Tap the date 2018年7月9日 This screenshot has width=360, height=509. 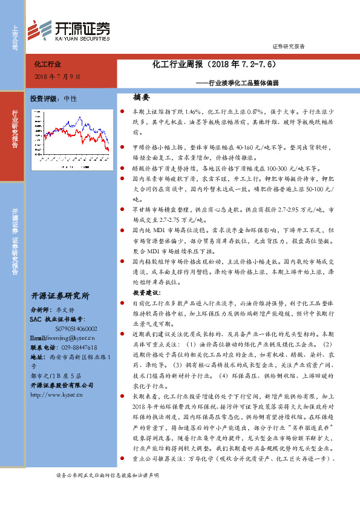[x=57, y=77]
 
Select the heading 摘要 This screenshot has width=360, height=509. [x=141, y=97]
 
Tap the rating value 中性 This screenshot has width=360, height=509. [x=71, y=98]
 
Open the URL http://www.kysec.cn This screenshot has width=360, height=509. [x=59, y=395]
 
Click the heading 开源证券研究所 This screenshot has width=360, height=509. [x=60, y=296]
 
